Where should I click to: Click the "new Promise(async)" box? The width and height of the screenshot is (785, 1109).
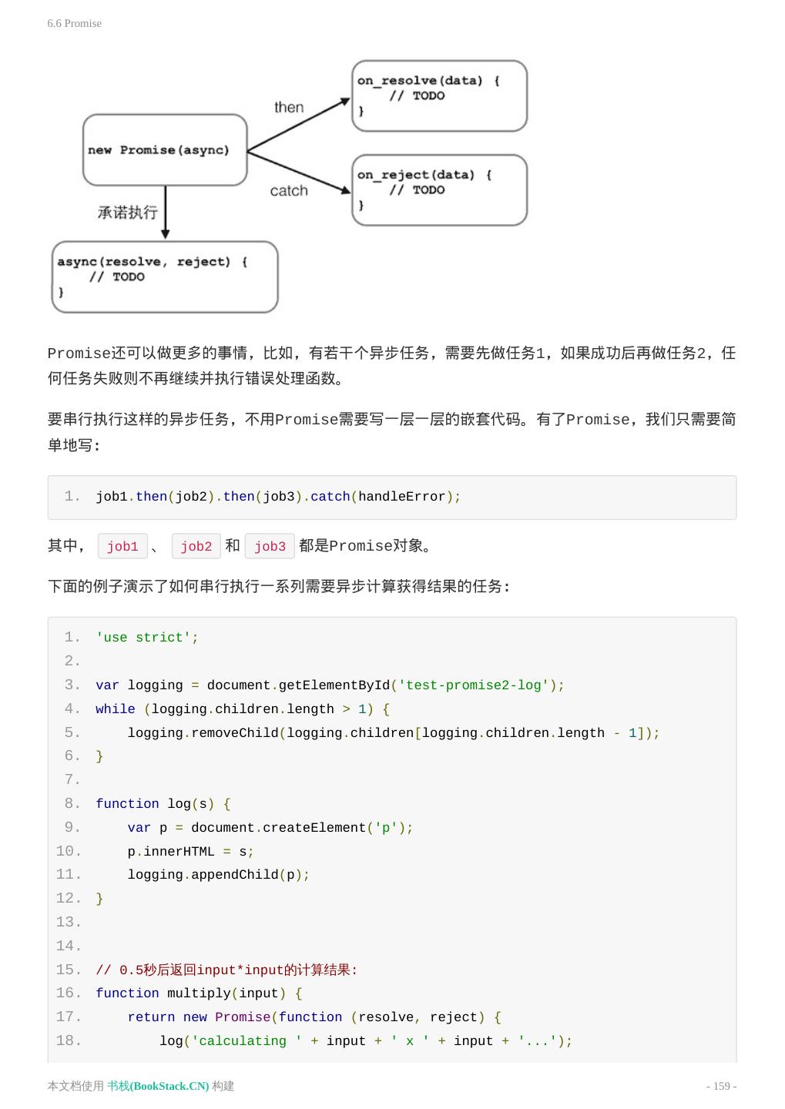(165, 150)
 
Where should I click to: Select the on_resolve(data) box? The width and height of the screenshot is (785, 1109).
(439, 95)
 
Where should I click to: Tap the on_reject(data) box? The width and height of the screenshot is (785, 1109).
(439, 190)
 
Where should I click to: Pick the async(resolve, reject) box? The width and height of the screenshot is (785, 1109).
(164, 276)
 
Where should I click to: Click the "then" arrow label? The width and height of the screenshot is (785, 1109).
(289, 107)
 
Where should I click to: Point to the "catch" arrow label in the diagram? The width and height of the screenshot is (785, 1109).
(289, 190)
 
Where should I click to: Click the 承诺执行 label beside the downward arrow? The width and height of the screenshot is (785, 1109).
(127, 213)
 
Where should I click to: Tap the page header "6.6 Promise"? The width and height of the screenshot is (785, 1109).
(74, 23)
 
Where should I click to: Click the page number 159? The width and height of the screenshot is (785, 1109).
(721, 1086)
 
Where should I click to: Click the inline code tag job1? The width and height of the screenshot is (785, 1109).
(122, 546)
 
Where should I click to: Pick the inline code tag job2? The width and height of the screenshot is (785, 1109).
(196, 546)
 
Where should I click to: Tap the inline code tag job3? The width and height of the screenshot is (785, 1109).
(270, 546)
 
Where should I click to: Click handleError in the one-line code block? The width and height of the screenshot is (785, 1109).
(401, 497)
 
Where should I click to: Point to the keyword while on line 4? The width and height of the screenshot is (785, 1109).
(116, 709)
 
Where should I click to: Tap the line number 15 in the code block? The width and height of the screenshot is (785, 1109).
(68, 970)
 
